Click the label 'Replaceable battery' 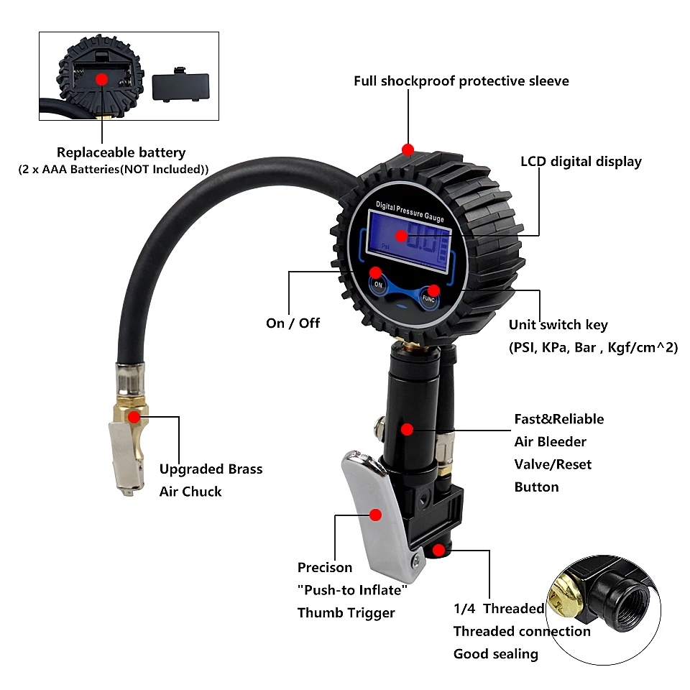121,152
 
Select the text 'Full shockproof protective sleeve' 461,80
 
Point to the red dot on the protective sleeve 408,149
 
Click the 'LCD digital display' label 581,161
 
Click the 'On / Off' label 293,323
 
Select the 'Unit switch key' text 558,325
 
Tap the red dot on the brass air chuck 134,416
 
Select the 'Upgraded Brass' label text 211,469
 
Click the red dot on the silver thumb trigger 374,514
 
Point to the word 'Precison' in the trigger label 325,567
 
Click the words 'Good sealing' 495,653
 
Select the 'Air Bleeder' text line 550,441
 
